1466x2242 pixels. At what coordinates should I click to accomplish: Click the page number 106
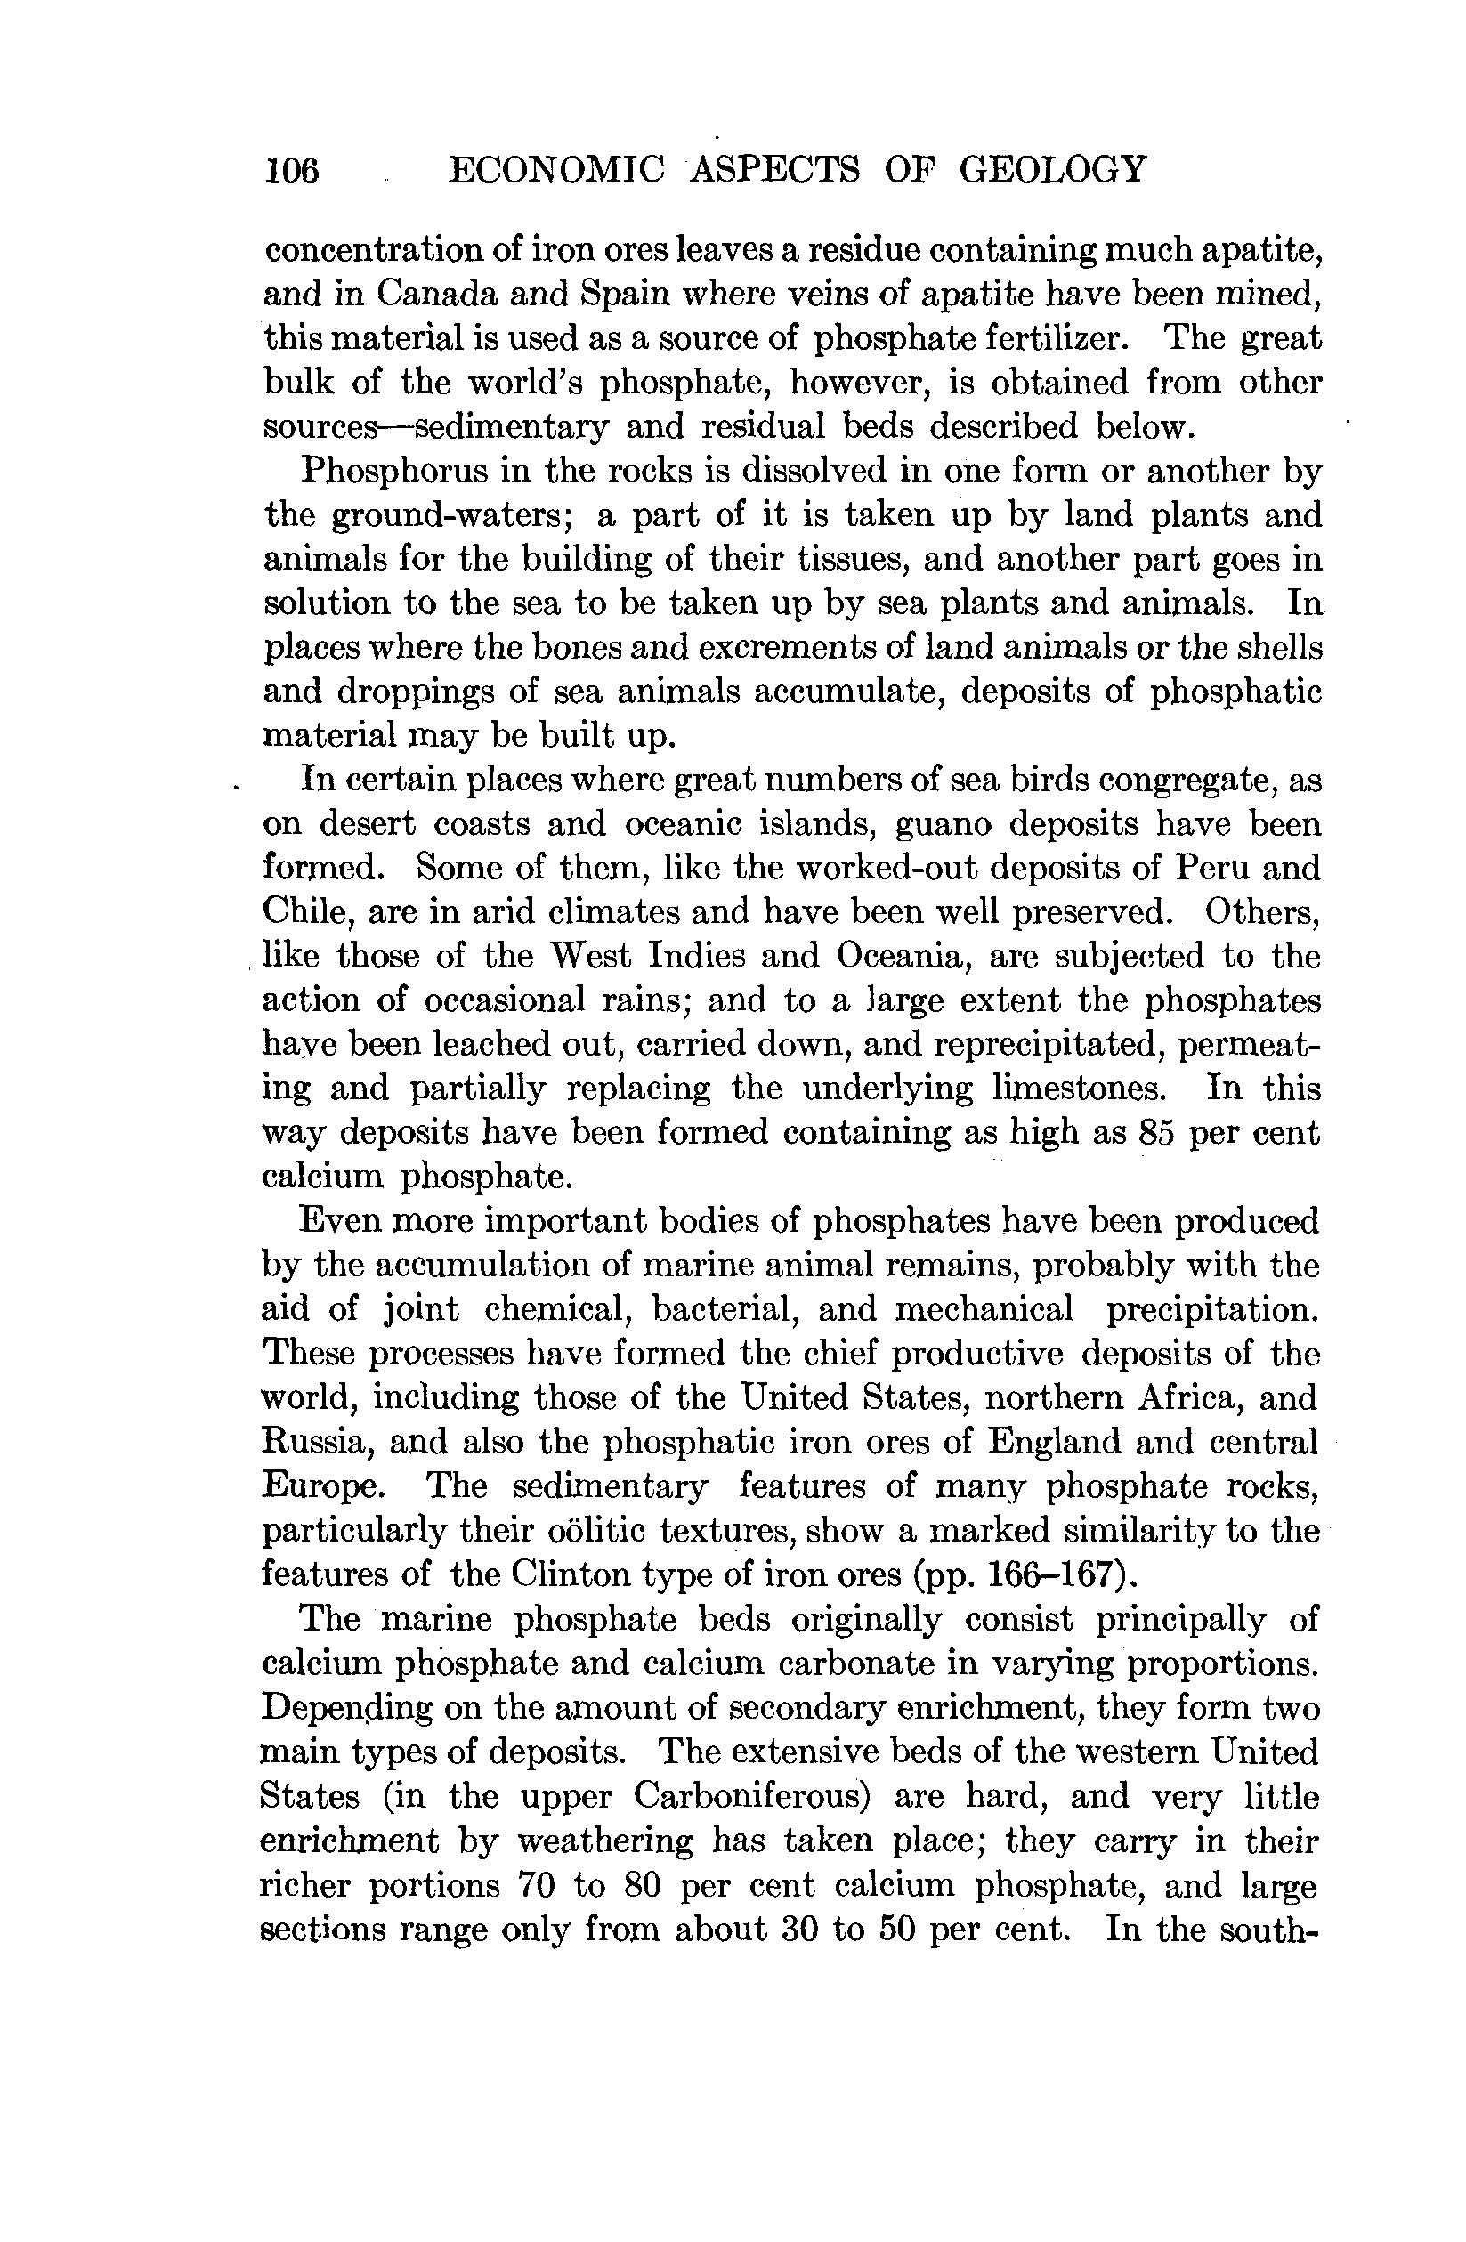click(x=292, y=171)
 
